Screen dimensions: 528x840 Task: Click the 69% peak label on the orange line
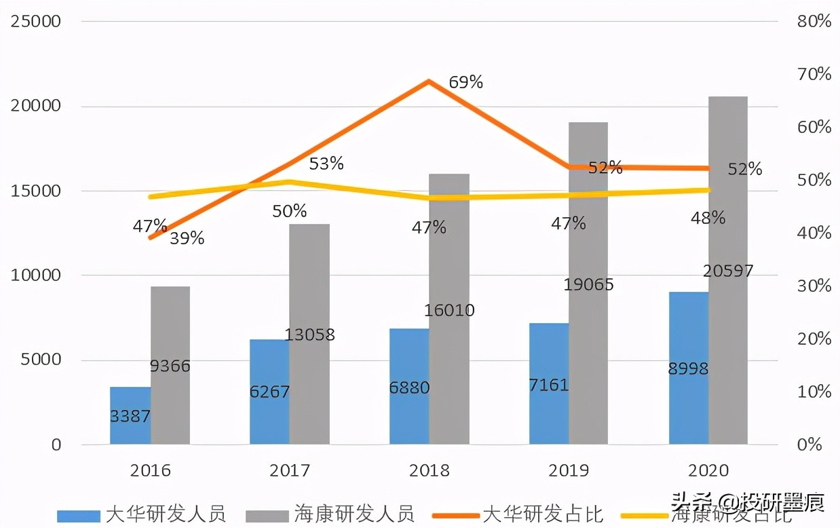[x=465, y=83]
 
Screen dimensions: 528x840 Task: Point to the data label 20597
[x=727, y=271]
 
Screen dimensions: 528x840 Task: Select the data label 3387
[x=130, y=416]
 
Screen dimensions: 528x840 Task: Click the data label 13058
[x=309, y=335]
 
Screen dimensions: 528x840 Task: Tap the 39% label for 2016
[x=187, y=239]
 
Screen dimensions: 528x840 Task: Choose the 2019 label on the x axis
[x=569, y=470]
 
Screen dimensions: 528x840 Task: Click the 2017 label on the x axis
[x=290, y=470]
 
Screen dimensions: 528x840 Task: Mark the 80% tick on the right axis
[x=814, y=22]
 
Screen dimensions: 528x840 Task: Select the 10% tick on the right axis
[x=814, y=392]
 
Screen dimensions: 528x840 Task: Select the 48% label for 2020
[x=708, y=218]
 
